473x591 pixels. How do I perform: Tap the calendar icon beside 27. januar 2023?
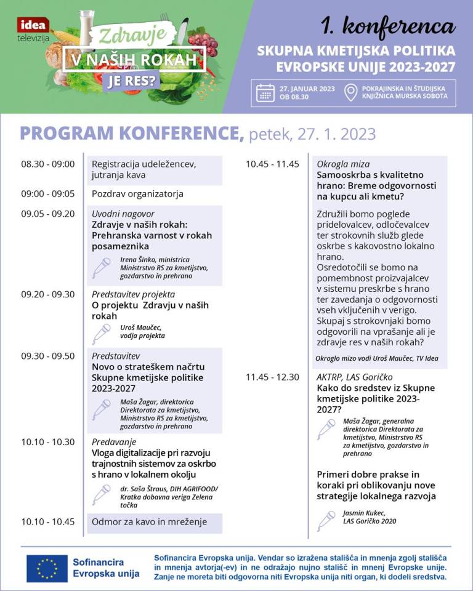point(265,92)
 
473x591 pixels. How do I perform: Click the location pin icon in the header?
point(350,92)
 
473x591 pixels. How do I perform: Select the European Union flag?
point(47,568)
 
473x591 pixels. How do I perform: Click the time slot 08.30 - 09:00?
point(47,164)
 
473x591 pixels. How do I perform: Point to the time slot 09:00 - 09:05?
point(47,193)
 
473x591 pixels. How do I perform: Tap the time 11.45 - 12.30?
point(272,377)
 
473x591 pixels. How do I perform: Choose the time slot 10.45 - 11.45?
point(272,164)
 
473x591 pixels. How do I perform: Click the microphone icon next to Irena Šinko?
point(101,267)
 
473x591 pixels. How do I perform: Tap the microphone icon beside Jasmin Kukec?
point(326,520)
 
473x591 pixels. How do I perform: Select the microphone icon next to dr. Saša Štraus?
point(101,494)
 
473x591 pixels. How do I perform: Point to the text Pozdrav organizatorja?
point(137,194)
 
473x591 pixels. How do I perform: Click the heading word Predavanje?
point(114,442)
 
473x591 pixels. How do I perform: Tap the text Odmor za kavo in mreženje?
point(149,522)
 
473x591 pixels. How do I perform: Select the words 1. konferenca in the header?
point(387,26)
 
